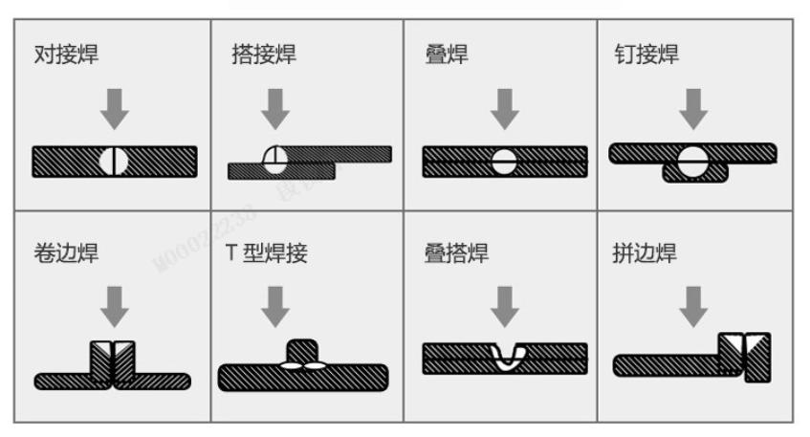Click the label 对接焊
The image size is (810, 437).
tap(66, 55)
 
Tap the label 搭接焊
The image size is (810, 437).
tap(263, 55)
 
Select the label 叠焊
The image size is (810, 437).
tap(447, 55)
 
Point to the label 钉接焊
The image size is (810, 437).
tap(646, 55)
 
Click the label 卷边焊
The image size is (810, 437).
tap(66, 253)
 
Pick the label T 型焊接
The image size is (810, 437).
tap(267, 253)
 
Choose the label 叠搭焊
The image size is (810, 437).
tap(457, 253)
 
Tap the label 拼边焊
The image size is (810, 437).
tap(645, 253)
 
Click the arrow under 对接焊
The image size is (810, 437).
tap(114, 109)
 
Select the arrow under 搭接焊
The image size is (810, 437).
tap(275, 109)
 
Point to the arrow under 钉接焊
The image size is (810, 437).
tap(693, 109)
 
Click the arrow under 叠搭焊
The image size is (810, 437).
tap(505, 307)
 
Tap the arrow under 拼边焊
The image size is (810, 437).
tap(693, 307)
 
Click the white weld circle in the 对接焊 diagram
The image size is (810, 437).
tap(114, 162)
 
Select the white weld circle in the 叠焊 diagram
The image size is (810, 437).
tap(504, 162)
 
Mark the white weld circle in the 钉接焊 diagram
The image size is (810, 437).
tap(692, 163)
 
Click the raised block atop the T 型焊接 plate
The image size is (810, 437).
tap(302, 351)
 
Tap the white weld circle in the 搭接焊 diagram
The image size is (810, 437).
tap(274, 160)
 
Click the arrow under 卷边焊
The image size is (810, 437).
tap(114, 307)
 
